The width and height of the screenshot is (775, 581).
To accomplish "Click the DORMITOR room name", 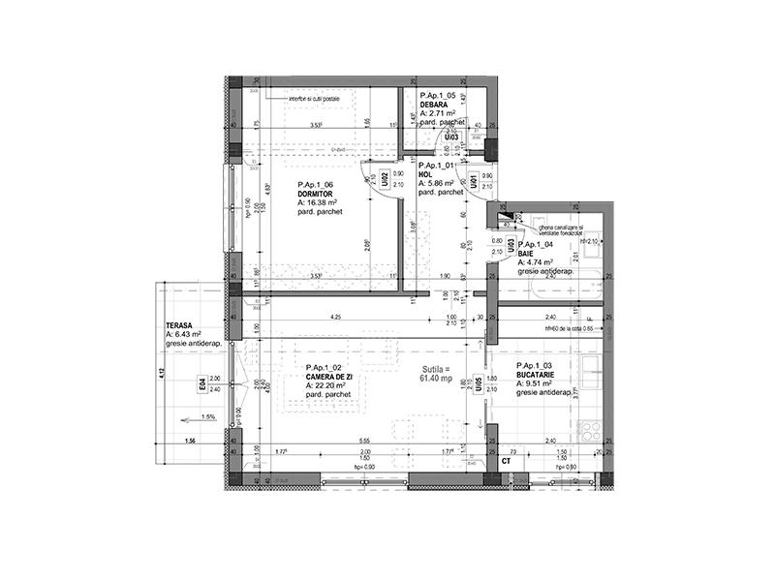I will pos(316,194).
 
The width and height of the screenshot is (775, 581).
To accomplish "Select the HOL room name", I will pos(424,174).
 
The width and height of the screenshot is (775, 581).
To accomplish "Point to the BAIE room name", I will pos(527,254).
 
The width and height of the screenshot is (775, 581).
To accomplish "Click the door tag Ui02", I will pos(385,179).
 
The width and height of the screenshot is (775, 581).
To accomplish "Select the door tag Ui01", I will pos(474,181).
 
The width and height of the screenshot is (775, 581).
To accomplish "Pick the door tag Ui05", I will pos(479,384).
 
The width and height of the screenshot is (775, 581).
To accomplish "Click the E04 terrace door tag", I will pos(202,384).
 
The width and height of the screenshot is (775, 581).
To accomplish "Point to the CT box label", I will pos(506,462).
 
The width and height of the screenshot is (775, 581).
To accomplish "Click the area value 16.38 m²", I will pos(324,202).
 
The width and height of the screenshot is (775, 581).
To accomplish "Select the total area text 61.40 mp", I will pos(437,378).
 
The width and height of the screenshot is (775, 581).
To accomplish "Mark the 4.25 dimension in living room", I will pos(335,317).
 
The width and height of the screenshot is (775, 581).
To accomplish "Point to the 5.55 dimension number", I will pos(364,441).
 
